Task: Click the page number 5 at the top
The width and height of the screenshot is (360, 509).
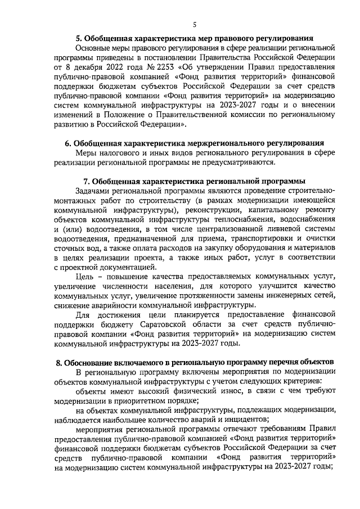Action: (x=194, y=24)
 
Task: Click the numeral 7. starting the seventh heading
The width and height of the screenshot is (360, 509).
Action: (x=86, y=182)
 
